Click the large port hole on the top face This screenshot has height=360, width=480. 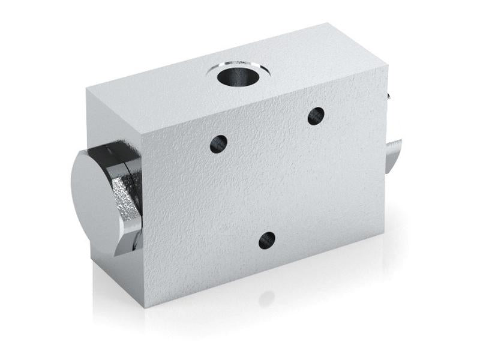(236, 76)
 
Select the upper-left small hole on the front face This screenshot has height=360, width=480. (219, 143)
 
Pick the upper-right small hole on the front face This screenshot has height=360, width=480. (316, 116)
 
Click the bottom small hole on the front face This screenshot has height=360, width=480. (267, 240)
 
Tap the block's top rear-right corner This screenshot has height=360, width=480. (328, 23)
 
